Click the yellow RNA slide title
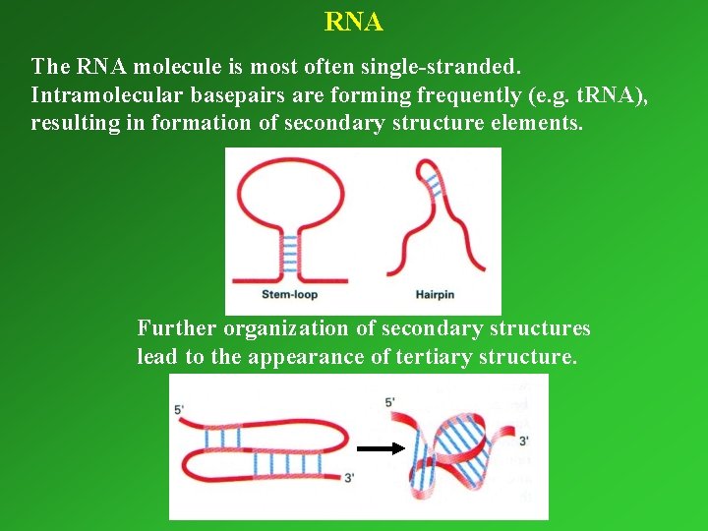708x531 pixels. [x=354, y=21]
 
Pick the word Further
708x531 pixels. [x=177, y=327]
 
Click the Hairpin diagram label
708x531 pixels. [x=435, y=294]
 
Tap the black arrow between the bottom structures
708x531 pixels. [x=381, y=448]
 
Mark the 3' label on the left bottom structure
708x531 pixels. [x=349, y=478]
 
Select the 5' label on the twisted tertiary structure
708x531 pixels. [x=389, y=401]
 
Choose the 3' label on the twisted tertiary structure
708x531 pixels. [x=523, y=441]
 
